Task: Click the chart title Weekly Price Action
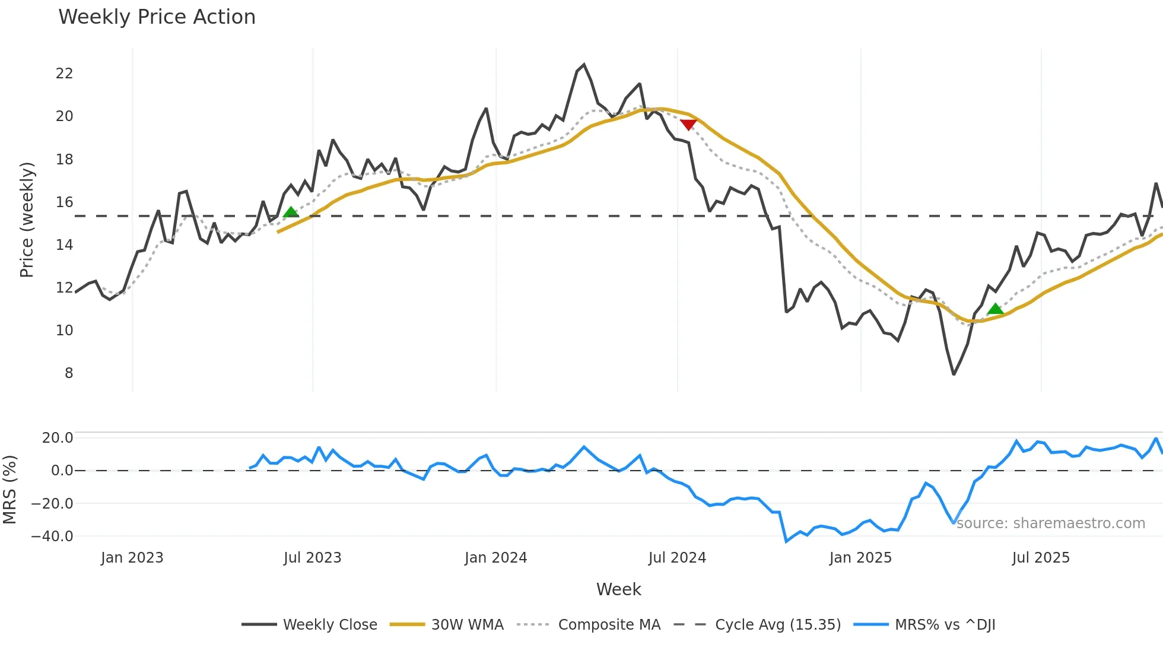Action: [x=157, y=17]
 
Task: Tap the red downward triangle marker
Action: [x=688, y=125]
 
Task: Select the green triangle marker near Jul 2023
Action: [x=291, y=212]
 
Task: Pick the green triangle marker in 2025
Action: [x=995, y=309]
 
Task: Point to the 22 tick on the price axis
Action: [x=64, y=74]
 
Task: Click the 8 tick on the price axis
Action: [x=69, y=373]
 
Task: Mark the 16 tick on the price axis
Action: [x=64, y=202]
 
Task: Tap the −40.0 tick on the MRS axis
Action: [x=52, y=536]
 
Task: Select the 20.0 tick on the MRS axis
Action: [x=58, y=438]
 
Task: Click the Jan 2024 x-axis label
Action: [x=495, y=558]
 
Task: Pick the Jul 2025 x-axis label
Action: [x=1041, y=558]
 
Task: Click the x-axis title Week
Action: [x=618, y=589]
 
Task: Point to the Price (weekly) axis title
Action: [x=27, y=220]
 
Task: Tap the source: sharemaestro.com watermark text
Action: [x=1050, y=523]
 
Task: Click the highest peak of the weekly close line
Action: [x=584, y=65]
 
